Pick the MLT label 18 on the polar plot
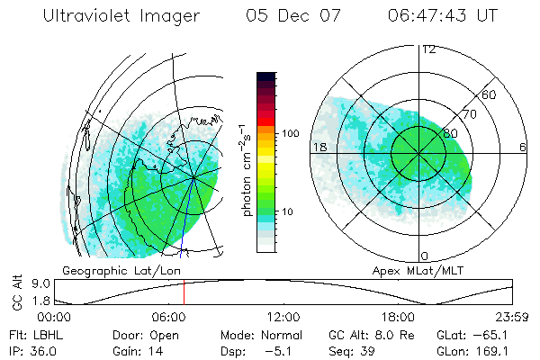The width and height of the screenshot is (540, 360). click(318, 147)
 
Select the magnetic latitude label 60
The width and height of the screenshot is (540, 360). click(490, 94)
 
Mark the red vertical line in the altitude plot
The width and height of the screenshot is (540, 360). click(184, 292)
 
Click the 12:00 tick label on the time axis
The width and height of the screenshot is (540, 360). click(283, 317)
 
